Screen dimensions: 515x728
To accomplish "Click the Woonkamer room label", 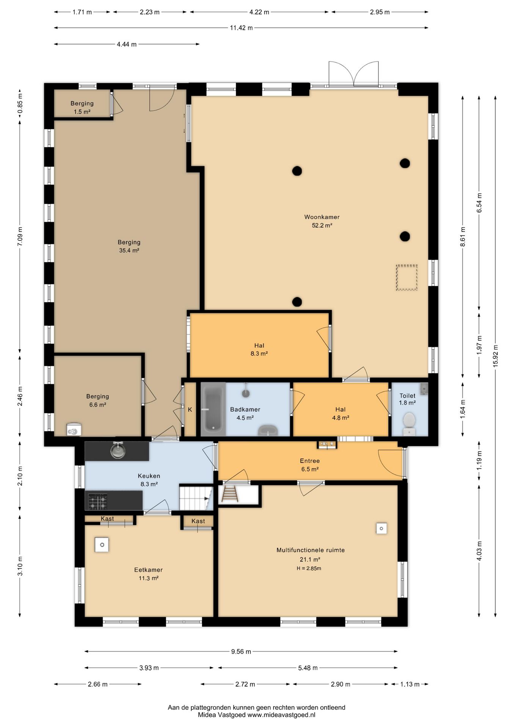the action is click(322, 217).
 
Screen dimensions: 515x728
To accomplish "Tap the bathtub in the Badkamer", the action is click(213, 409).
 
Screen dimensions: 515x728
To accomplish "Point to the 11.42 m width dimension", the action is click(241, 28).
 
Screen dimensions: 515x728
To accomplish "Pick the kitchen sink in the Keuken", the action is click(118, 450).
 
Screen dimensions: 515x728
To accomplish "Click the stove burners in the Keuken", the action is click(97, 501).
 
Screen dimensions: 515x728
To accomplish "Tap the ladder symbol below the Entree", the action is click(229, 494).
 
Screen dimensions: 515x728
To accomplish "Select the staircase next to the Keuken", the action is click(196, 498).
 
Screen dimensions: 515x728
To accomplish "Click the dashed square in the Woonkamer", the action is click(407, 278).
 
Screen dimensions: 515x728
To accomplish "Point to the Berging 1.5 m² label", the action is click(82, 107).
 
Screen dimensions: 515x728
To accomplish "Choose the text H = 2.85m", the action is click(309, 568).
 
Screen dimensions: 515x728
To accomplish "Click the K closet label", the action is click(190, 409).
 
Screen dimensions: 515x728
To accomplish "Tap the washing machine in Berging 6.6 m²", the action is click(74, 430).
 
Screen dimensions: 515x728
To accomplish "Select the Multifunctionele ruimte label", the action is click(311, 550).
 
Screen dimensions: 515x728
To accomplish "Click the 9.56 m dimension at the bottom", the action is click(241, 651).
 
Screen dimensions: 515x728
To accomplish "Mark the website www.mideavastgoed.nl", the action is click(281, 715).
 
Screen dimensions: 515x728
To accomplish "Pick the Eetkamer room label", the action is click(148, 570).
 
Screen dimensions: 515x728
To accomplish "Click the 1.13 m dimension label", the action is click(410, 684).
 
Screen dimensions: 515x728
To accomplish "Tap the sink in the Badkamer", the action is click(268, 430).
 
